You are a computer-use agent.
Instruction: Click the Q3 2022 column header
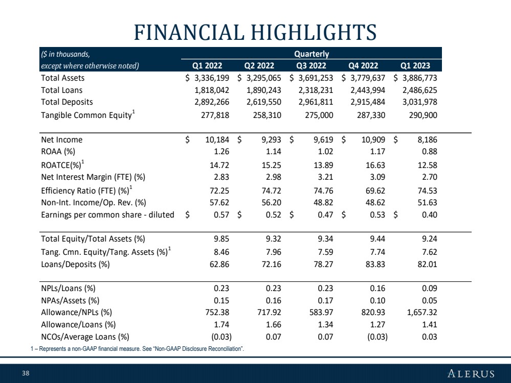click(x=311, y=66)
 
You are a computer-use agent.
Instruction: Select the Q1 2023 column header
click(x=415, y=66)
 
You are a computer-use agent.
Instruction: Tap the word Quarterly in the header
click(x=312, y=54)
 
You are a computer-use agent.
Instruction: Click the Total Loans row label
click(x=61, y=90)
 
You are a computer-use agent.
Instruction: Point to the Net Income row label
click(x=61, y=139)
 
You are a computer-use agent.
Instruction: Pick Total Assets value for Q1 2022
click(x=212, y=78)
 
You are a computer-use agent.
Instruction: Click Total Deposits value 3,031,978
click(x=420, y=102)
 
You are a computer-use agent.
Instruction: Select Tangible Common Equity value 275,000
click(x=319, y=115)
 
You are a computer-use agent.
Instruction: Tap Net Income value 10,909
click(x=373, y=140)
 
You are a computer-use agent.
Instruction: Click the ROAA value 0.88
click(x=430, y=152)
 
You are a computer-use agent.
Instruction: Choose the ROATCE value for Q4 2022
click(x=375, y=165)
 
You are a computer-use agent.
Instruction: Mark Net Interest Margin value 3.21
click(x=325, y=177)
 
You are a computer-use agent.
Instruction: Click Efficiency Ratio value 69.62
click(x=375, y=190)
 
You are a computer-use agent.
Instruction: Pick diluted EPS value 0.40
click(x=430, y=215)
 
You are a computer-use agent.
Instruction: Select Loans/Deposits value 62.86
click(x=219, y=264)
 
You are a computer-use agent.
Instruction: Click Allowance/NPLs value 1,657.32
click(x=422, y=313)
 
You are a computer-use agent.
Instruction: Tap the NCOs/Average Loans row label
click(x=85, y=337)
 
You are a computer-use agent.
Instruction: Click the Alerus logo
click(x=471, y=373)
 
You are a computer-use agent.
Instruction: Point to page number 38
click(x=26, y=373)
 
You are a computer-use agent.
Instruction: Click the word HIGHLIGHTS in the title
click(x=314, y=32)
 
